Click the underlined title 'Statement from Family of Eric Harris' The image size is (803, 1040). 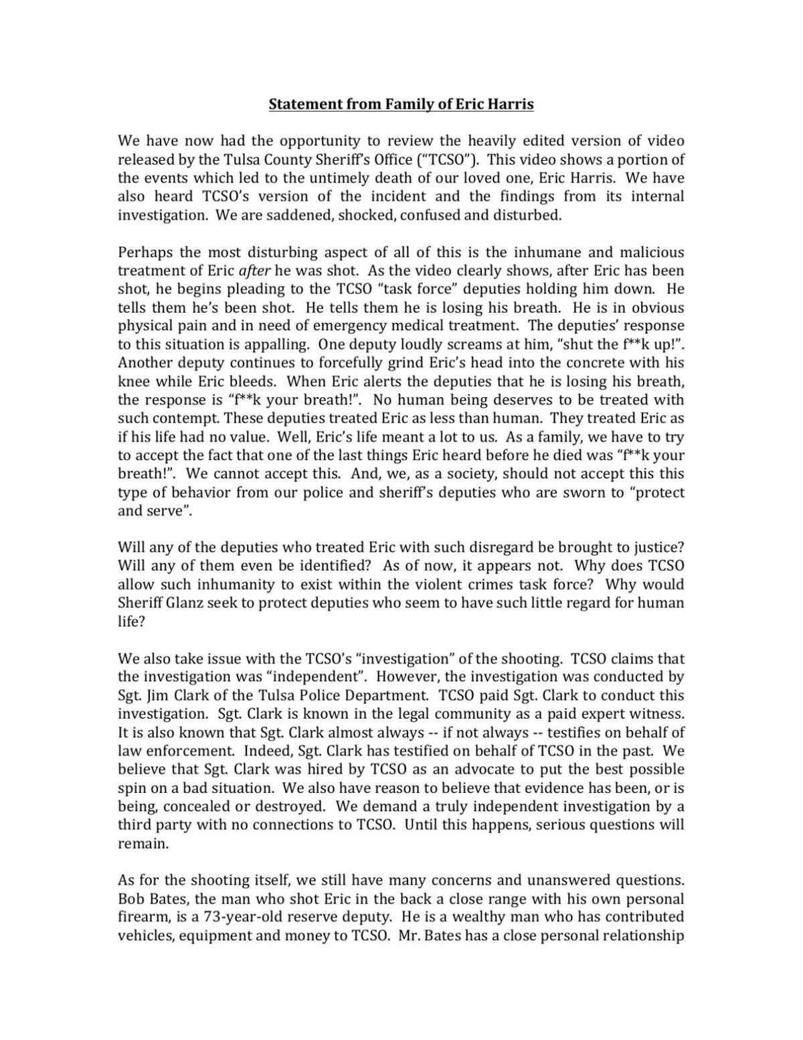[401, 104]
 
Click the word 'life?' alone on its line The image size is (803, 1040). [131, 621]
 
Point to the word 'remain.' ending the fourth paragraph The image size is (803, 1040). [143, 844]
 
